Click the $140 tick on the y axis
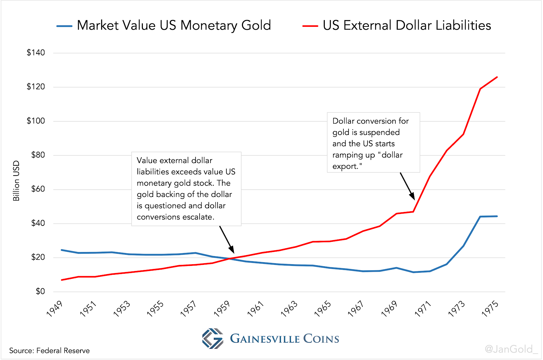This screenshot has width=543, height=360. click(36, 53)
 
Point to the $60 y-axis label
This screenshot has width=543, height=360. click(38, 189)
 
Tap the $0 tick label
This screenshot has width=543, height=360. click(40, 291)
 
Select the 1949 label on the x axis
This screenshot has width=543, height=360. click(55, 309)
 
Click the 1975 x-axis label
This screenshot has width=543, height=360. click(490, 309)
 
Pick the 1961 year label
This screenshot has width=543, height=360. click(256, 309)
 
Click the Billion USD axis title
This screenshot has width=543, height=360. click(16, 181)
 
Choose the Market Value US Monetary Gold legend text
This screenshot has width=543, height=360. click(174, 25)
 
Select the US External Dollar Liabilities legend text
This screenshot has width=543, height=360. click(407, 25)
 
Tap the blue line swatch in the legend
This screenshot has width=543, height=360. click(64, 26)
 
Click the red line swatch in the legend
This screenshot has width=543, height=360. click(310, 26)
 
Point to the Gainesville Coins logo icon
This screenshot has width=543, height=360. click(213, 338)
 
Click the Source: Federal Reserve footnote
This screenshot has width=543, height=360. click(50, 350)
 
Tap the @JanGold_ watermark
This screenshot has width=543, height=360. click(511, 349)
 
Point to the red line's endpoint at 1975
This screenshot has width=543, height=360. click(497, 77)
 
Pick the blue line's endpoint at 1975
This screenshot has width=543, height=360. click(497, 216)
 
